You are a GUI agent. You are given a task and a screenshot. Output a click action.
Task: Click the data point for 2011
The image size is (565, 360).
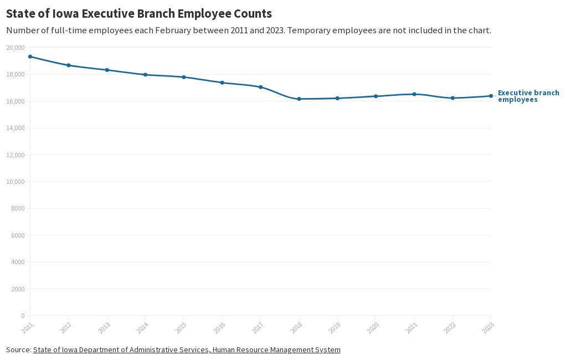30,56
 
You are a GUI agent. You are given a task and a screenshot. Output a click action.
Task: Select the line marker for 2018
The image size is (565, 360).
299,99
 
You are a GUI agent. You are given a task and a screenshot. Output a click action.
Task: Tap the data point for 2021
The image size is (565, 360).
414,94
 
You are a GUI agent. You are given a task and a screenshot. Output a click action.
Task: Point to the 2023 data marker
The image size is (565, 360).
491,96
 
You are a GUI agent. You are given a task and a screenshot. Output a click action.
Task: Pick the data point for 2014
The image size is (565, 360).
145,75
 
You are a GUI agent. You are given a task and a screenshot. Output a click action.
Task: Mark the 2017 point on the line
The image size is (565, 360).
260,87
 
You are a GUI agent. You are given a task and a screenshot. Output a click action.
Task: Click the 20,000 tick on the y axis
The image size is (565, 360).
15,48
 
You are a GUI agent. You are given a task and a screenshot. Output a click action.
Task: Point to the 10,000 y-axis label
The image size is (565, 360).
15,182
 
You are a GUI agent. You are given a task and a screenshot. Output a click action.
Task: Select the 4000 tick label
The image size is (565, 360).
17,262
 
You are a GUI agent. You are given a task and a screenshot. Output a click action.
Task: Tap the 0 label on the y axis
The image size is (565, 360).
22,316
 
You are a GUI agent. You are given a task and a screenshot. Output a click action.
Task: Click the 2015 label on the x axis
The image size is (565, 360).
180,327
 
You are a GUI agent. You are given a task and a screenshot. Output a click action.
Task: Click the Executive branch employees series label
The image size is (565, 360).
528,96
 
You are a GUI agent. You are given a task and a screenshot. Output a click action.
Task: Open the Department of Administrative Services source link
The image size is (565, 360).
186,349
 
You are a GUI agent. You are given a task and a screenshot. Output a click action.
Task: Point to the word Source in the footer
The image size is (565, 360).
18,349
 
